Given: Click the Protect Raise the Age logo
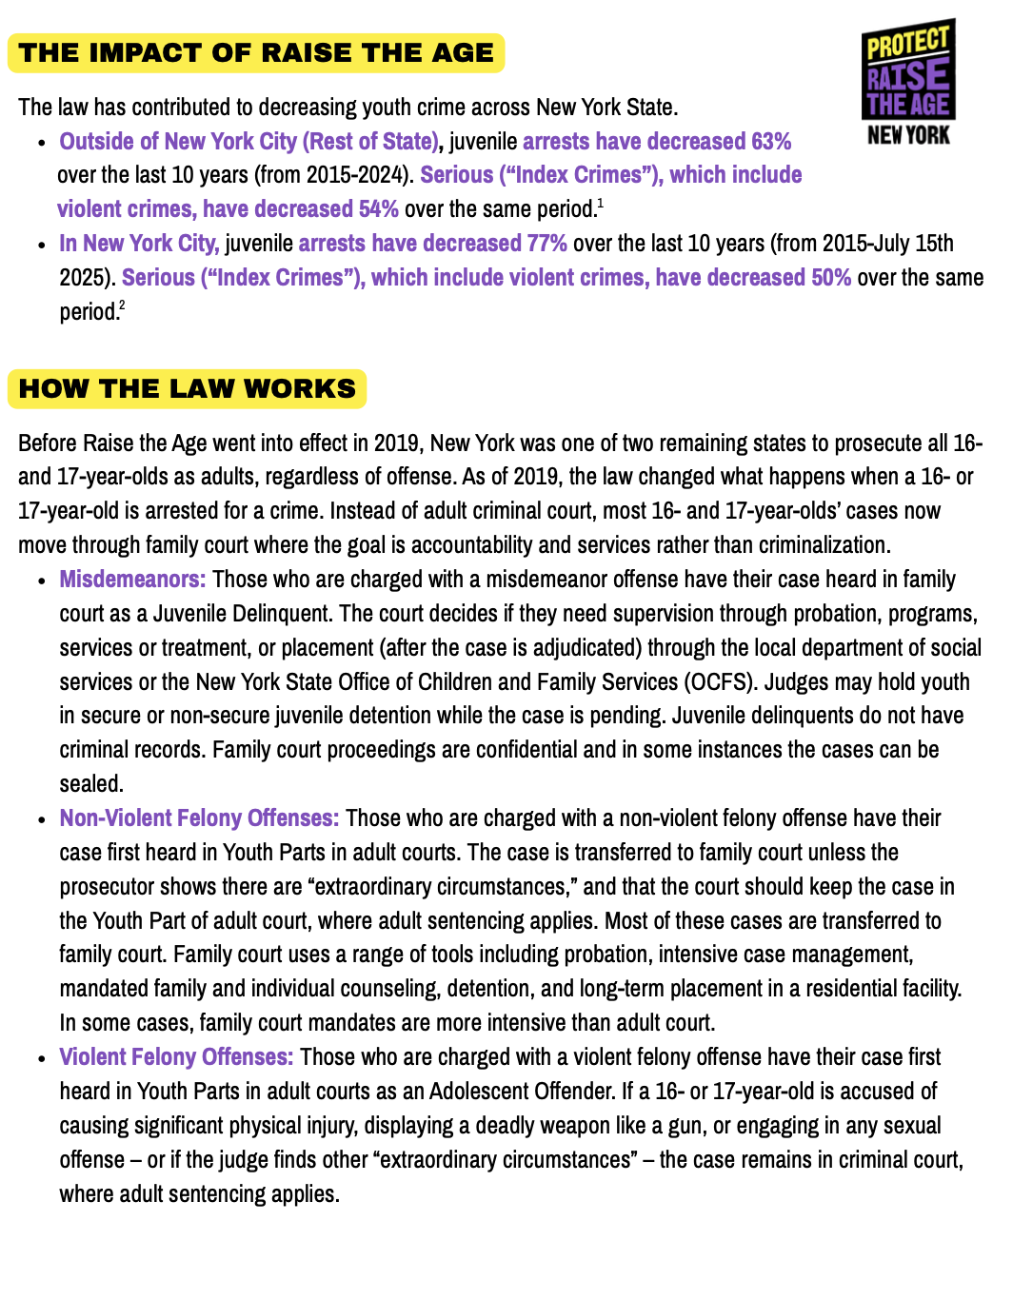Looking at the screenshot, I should click(x=908, y=82).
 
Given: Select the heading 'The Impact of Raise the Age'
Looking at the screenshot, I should click(x=256, y=53).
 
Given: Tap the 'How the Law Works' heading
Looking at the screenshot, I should click(x=188, y=389).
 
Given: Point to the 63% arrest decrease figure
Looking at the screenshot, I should click(x=771, y=142).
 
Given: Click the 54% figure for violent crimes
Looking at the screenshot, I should click(x=378, y=209).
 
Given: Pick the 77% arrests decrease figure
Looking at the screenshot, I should click(x=546, y=244).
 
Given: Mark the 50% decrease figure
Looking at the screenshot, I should click(x=831, y=278).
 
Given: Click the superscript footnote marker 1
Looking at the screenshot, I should click(x=600, y=204).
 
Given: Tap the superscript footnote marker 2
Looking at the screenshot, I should click(x=122, y=305).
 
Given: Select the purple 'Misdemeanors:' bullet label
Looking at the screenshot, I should click(x=132, y=580).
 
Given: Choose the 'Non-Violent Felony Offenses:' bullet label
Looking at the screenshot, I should click(x=199, y=818).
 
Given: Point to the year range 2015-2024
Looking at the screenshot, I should click(x=361, y=176).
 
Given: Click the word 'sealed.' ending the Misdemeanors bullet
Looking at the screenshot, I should click(x=91, y=784).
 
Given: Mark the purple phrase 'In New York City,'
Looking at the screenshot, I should click(x=139, y=244).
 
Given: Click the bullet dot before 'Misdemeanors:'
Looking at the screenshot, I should click(x=41, y=581).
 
